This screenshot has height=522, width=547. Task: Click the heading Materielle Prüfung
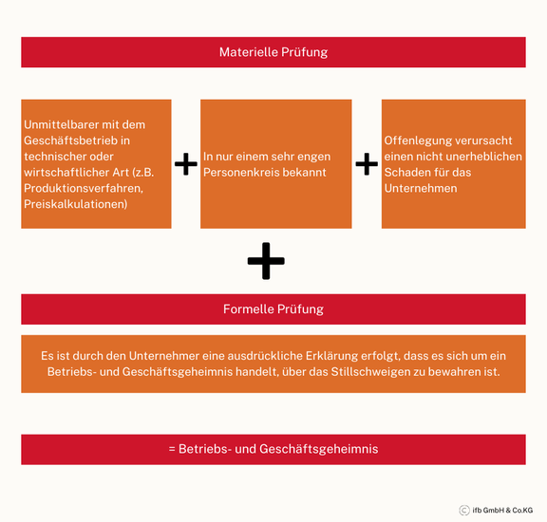(273, 52)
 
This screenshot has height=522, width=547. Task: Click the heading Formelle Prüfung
(273, 309)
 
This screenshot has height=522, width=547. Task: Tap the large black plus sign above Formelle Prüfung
(266, 261)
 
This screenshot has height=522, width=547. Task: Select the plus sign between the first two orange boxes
(186, 164)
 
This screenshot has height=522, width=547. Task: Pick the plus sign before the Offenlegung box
(367, 164)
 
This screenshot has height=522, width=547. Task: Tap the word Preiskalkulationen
(75, 204)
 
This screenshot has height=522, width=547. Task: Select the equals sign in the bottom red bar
(172, 449)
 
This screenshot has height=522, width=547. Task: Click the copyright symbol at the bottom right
(464, 511)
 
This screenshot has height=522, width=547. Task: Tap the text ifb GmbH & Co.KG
(502, 511)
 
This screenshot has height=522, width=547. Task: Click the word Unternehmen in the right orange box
(421, 189)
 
